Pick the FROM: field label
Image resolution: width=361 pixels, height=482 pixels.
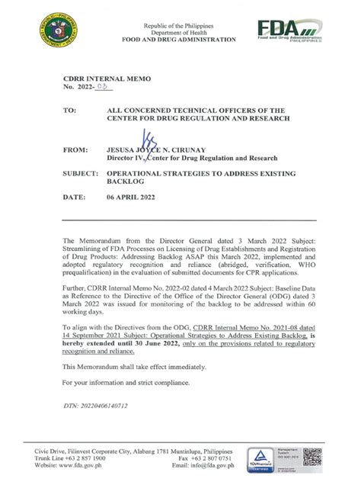[x=72, y=152]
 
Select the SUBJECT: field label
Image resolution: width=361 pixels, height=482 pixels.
[x=78, y=174]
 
